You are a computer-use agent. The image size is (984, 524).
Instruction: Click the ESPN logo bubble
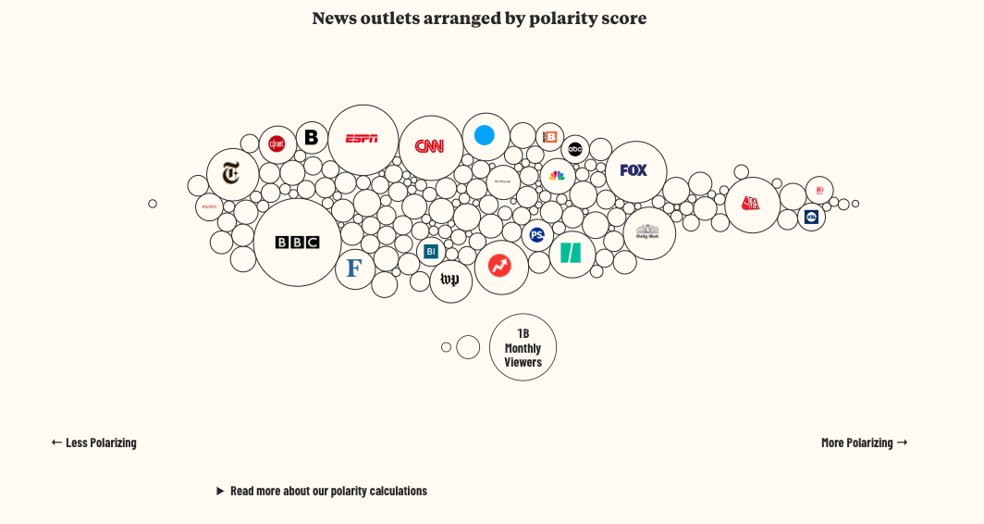[363, 139]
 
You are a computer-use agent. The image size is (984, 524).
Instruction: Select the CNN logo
[430, 146]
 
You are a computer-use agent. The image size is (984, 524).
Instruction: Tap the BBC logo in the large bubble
[297, 243]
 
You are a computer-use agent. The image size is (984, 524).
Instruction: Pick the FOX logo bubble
[634, 170]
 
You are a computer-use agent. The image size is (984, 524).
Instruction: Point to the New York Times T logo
[231, 173]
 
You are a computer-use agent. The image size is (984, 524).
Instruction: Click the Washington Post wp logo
[450, 281]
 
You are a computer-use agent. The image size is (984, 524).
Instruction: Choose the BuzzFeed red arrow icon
[500, 267]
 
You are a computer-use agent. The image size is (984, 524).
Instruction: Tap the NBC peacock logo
[557, 176]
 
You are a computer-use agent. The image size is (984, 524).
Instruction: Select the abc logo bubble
[575, 149]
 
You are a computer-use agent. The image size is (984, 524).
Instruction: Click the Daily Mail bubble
[648, 233]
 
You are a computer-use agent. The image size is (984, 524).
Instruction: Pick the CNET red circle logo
[277, 143]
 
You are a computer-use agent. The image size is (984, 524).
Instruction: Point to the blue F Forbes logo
[354, 268]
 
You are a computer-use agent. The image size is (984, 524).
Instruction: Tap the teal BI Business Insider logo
[430, 251]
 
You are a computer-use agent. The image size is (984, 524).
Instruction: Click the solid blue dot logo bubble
[485, 136]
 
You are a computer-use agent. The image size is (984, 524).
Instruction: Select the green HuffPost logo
[572, 254]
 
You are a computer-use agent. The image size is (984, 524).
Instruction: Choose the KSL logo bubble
[811, 218]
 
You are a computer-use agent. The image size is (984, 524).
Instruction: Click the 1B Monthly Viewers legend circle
[523, 348]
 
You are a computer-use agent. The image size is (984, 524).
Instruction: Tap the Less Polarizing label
[94, 443]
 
